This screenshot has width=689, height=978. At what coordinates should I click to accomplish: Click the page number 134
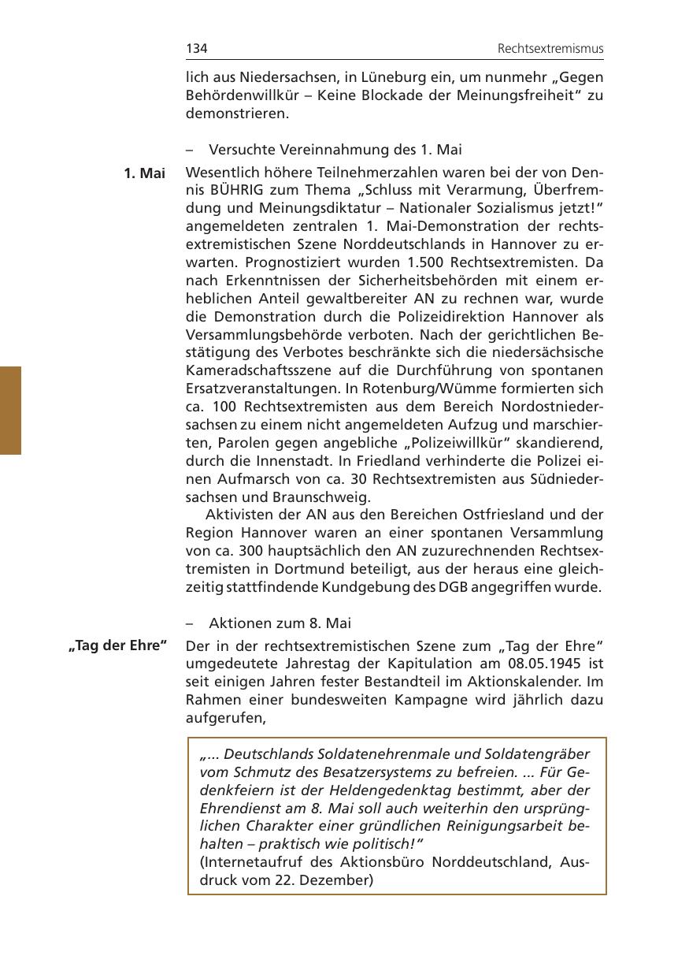[196, 49]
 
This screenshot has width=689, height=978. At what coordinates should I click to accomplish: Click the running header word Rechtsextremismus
[550, 50]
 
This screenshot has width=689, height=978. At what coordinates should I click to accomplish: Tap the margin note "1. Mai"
[145, 173]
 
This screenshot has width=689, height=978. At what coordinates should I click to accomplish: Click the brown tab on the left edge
[10, 410]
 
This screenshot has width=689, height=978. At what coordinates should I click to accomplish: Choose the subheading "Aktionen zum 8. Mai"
[279, 623]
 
